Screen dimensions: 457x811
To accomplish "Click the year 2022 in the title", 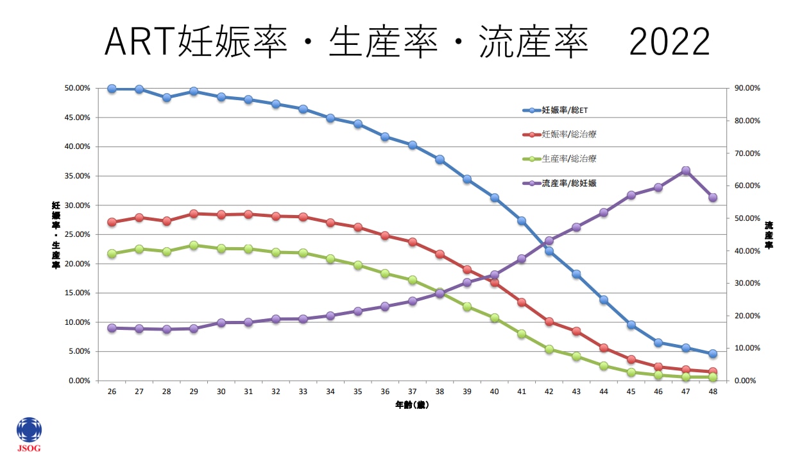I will pos(669,44).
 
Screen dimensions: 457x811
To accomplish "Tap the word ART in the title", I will pos(139,44).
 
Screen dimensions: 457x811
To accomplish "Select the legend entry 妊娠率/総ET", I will pos(565,110).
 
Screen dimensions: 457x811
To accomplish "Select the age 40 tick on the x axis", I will pos(494,392).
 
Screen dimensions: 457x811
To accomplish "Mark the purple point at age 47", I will pos(685,171).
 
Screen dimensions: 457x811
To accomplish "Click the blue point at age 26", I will pos(112,89).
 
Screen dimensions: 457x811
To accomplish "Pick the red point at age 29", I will pos(194,214).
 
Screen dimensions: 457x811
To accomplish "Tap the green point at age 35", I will pos(358,264).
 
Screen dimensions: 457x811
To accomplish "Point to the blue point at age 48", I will pos(712,354).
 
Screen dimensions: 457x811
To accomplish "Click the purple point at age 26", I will pos(112,328).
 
